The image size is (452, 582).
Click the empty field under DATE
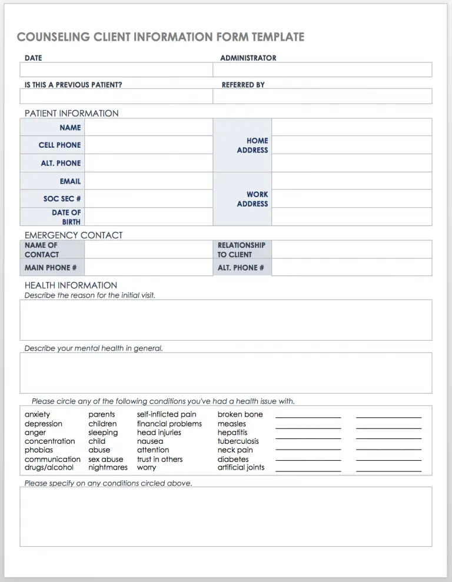point(116,70)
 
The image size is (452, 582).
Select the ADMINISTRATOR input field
point(322,70)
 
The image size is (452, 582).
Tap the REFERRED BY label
point(243,85)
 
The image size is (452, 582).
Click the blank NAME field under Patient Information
point(148,127)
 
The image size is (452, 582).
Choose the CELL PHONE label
point(59,145)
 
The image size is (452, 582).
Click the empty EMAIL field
point(148,181)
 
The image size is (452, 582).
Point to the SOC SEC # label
point(62,199)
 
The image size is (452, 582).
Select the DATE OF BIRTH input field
point(148,217)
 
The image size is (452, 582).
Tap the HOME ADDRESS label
point(252,145)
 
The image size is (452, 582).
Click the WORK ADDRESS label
point(252,199)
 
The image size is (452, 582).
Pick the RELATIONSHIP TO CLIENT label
point(241,250)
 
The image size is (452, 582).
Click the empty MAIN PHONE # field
point(148,268)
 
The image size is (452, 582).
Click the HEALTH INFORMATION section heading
point(71,285)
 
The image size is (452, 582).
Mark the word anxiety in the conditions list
point(37,414)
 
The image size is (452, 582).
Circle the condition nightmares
point(108,467)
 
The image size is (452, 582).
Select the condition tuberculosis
point(238,441)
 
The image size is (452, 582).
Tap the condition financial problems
point(169,424)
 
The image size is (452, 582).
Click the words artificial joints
point(241,467)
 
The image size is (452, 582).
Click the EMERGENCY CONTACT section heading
point(74,235)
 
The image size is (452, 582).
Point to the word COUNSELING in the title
point(52,37)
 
